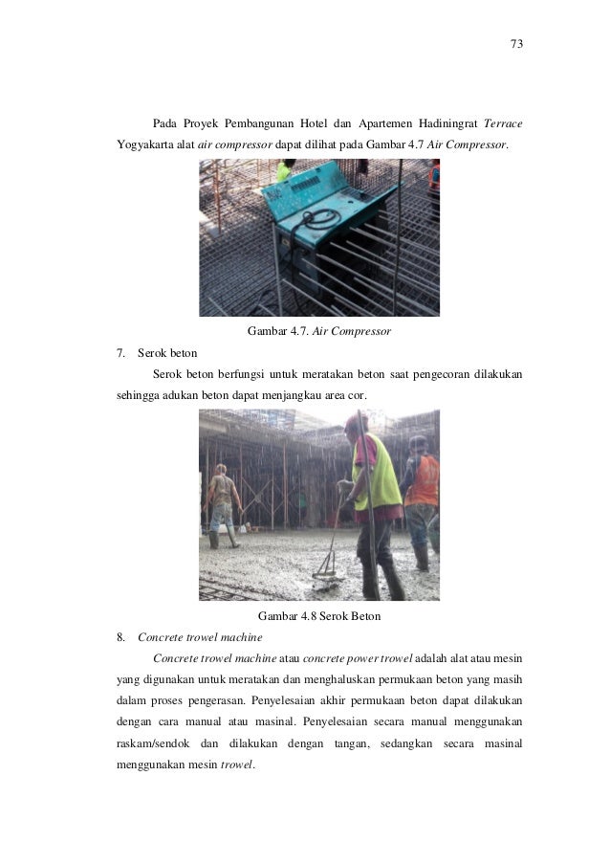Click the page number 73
pos(516,45)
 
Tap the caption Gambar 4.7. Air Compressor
pos(319,332)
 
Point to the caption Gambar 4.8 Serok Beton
pos(319,616)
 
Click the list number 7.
pos(120,353)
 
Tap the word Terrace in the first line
pos(503,124)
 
